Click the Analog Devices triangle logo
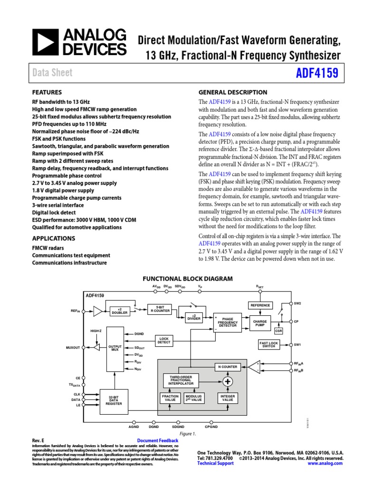click(44, 41)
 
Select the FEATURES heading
click(47, 92)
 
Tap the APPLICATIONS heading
click(53, 238)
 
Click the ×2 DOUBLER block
click(120, 312)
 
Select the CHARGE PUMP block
click(260, 323)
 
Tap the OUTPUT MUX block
click(115, 348)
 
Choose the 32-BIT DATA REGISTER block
click(114, 400)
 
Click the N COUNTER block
click(228, 367)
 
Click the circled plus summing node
click(228, 382)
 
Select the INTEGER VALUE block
click(228, 398)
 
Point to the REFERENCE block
click(260, 305)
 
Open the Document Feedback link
click(157, 441)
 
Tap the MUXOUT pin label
click(73, 348)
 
